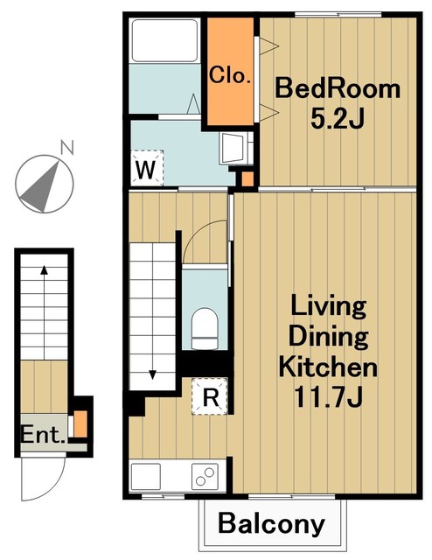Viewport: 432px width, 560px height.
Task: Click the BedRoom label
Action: click(x=338, y=89)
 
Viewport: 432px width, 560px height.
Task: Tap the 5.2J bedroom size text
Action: click(x=337, y=118)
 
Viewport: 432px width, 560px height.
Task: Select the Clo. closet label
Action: click(x=230, y=75)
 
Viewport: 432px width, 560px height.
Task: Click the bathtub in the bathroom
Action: click(x=164, y=41)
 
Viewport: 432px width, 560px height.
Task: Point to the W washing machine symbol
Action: click(x=147, y=168)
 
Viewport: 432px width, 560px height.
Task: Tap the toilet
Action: click(x=205, y=329)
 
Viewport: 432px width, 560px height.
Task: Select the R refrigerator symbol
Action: click(x=210, y=396)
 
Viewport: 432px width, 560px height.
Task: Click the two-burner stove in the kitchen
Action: click(x=205, y=476)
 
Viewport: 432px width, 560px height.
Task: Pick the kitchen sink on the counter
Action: click(x=146, y=476)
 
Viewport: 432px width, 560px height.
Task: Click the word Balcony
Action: click(x=271, y=524)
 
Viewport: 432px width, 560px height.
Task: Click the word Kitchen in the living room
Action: click(x=328, y=367)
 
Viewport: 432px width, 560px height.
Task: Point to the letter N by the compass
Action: click(x=67, y=148)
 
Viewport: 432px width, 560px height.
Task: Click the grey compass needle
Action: click(x=41, y=188)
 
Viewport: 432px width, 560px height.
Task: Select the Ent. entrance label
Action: click(x=43, y=435)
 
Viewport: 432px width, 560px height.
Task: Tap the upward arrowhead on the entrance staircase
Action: click(x=44, y=270)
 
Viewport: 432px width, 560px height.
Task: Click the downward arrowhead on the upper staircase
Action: click(x=153, y=374)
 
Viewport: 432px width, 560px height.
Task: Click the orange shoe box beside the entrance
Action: click(x=80, y=423)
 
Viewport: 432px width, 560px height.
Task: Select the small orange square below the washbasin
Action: click(x=247, y=178)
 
